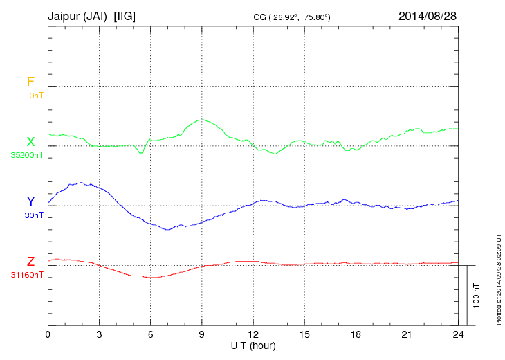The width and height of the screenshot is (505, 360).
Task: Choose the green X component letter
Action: (x=30, y=142)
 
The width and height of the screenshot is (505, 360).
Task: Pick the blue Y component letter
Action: (x=30, y=201)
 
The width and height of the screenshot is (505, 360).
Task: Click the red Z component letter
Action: (x=30, y=262)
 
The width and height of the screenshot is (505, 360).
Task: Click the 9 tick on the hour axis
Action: (x=201, y=334)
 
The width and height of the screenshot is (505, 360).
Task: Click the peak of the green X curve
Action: (x=201, y=120)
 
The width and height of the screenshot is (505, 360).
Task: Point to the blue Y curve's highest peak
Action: (x=82, y=183)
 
